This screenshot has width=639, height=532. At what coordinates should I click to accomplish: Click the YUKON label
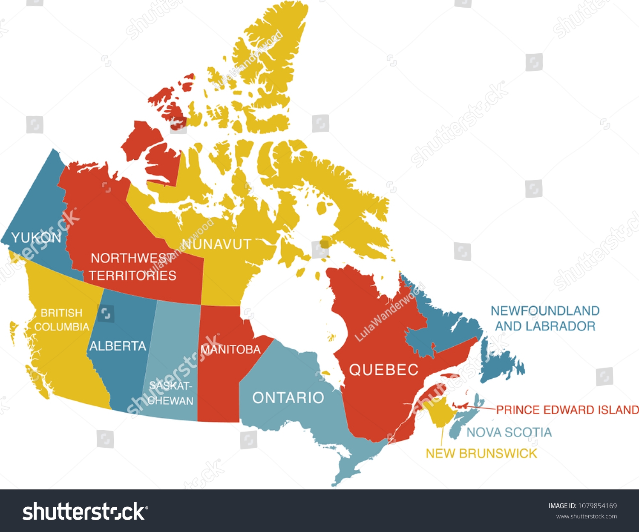pos(36,237)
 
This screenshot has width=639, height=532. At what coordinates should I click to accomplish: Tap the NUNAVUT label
pos(217,244)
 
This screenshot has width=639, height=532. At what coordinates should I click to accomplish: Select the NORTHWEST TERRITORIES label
pos(132,267)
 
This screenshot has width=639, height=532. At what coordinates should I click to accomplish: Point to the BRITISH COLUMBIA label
pos(62,320)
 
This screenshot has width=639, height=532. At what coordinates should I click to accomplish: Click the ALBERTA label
pos(118,346)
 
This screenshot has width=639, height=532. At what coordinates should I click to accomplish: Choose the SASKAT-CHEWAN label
pos(171,393)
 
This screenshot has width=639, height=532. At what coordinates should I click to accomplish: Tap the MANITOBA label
pos(230,350)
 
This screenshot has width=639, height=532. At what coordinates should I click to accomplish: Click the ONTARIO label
pos(288,398)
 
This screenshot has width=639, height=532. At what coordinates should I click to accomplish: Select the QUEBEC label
pos(384,370)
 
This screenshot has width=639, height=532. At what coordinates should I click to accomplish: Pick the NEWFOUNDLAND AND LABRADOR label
pos(545,318)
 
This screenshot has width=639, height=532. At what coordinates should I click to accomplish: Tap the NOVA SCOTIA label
pos(509,432)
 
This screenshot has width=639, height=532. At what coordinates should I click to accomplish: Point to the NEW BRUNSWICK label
pos(481,453)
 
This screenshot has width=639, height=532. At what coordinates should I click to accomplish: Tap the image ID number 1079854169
pos(597,506)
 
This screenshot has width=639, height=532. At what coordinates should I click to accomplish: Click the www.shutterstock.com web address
pos(586,517)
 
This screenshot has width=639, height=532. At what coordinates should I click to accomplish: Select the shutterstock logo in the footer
pos(85,512)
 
